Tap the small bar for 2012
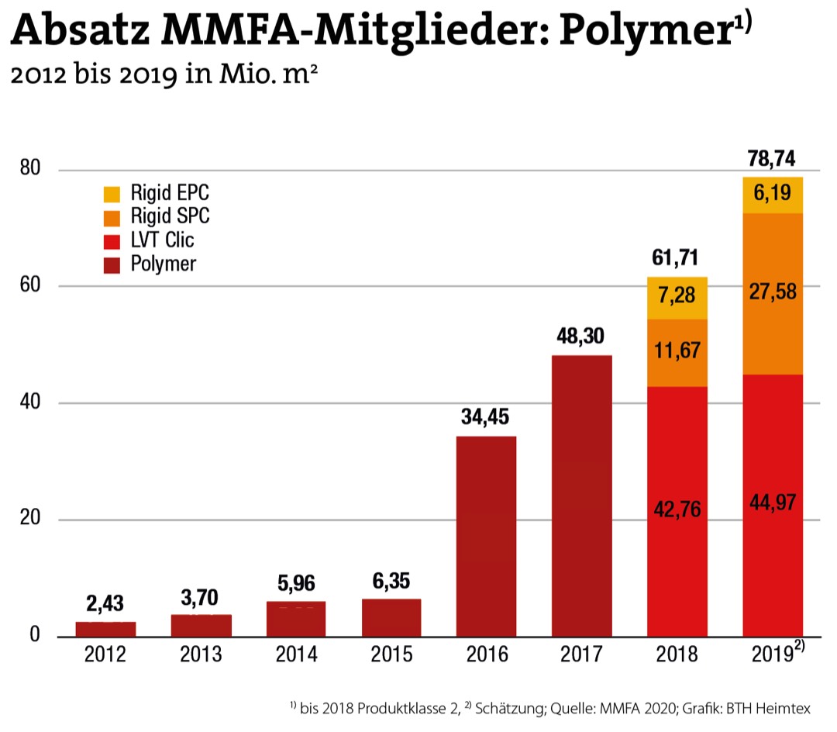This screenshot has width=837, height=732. pyautogui.click(x=105, y=629)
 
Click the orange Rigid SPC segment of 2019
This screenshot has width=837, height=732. pyautogui.click(x=772, y=293)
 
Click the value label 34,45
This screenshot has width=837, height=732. pyautogui.click(x=486, y=420)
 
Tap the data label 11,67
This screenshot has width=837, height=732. pyautogui.click(x=677, y=350)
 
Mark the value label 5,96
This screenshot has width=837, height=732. pyautogui.click(x=296, y=583)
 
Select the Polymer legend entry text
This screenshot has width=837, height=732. pyautogui.click(x=164, y=263)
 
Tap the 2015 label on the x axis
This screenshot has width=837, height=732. pyautogui.click(x=391, y=655)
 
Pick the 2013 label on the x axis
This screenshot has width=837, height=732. pyautogui.click(x=201, y=655)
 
